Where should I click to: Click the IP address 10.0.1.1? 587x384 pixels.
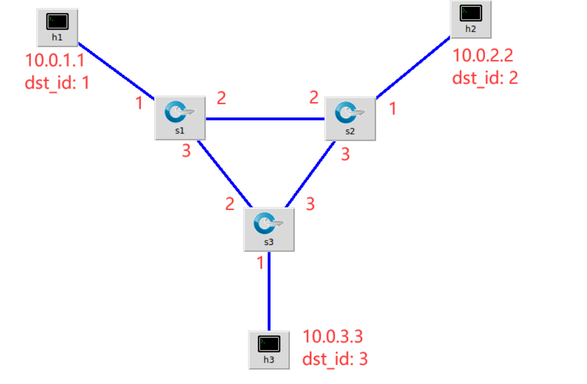click(54, 59)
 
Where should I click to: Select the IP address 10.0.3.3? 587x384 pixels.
click(333, 337)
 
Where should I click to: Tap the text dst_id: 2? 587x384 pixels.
click(485, 77)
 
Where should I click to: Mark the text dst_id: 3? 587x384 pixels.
click(335, 359)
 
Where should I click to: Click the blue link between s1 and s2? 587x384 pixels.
click(265, 119)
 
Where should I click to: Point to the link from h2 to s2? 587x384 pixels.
click(413, 68)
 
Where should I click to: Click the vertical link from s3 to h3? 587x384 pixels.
click(269, 292)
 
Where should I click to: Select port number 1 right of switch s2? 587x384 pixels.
click(392, 108)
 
